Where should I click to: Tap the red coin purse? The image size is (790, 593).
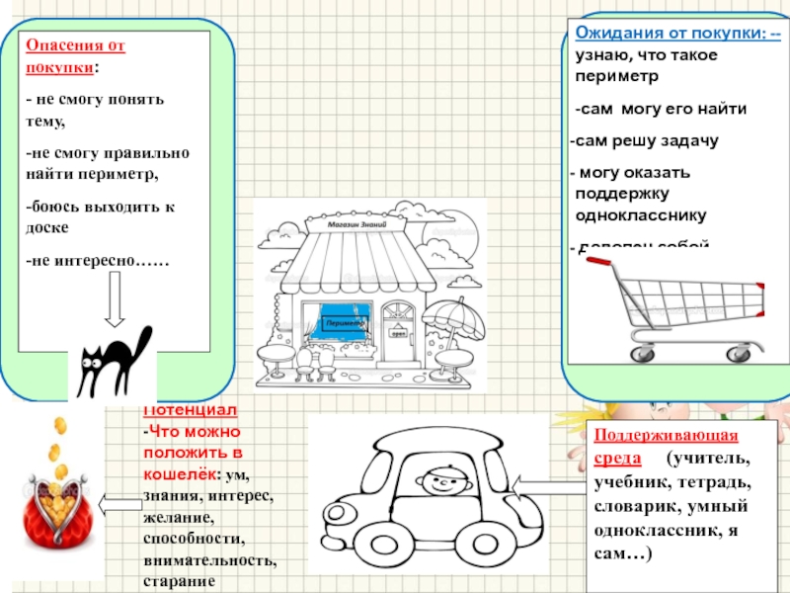click(56, 490)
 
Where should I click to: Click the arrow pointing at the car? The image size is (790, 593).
click(548, 484)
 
